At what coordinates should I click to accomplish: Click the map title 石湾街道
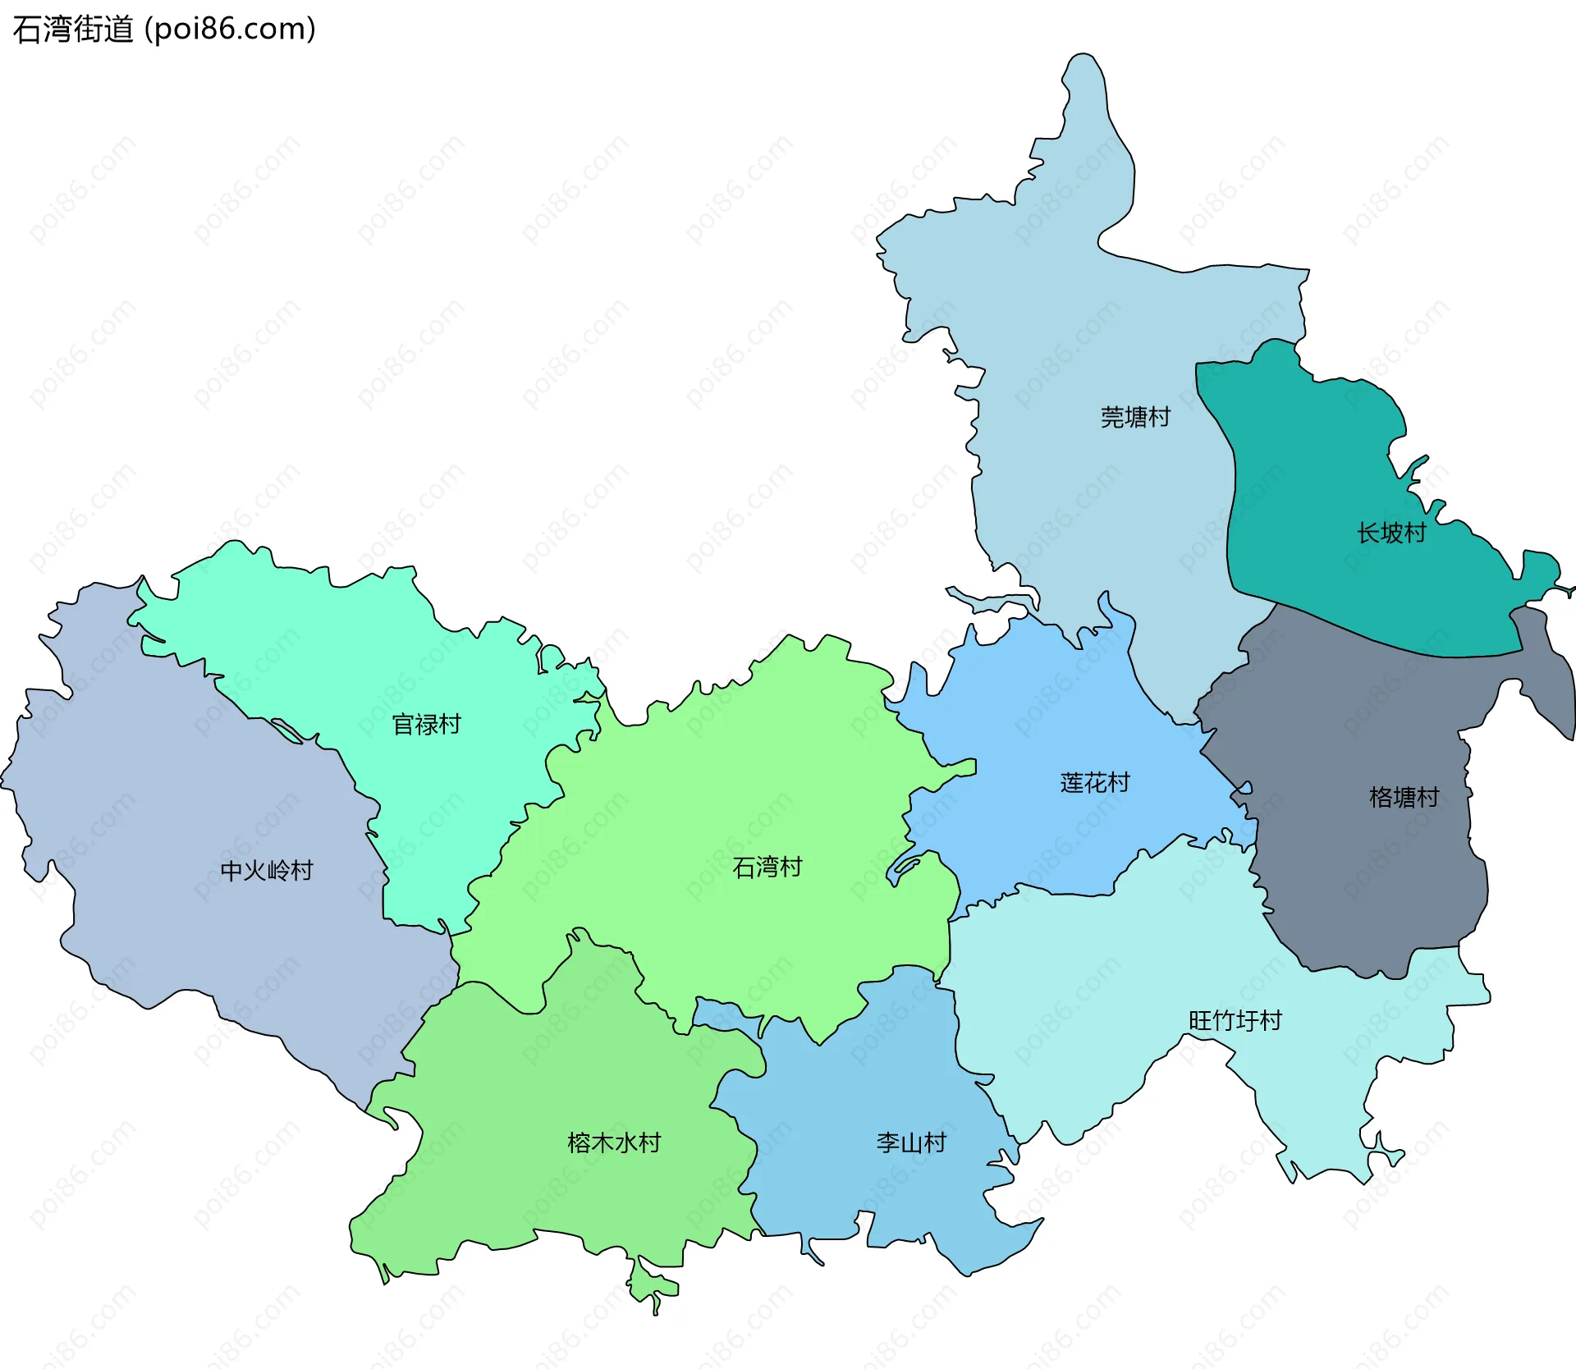pyautogui.click(x=73, y=30)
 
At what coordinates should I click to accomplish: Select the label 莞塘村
pyautogui.click(x=1135, y=417)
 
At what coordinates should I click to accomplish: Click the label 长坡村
pyautogui.click(x=1391, y=533)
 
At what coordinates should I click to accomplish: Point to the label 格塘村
pyautogui.click(x=1404, y=797)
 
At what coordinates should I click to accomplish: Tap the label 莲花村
pyautogui.click(x=1095, y=782)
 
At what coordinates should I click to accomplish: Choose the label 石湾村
pyautogui.click(x=767, y=867)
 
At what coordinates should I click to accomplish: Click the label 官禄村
pyautogui.click(x=426, y=724)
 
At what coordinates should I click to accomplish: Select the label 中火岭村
pyautogui.click(x=267, y=870)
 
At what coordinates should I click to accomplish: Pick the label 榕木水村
pyautogui.click(x=614, y=1142)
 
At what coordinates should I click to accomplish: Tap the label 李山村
pyautogui.click(x=911, y=1142)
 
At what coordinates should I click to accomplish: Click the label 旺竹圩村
pyautogui.click(x=1235, y=1020)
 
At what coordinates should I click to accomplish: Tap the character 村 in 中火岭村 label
pyautogui.click(x=302, y=870)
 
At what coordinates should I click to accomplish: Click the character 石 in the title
pyautogui.click(x=25, y=30)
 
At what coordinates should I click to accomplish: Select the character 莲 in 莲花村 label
pyautogui.click(x=1072, y=782)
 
